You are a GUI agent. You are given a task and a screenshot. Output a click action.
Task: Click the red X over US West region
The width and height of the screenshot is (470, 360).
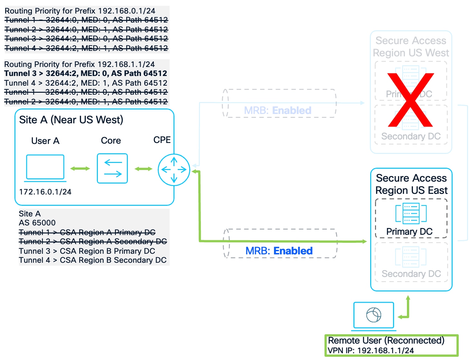coord(410,100)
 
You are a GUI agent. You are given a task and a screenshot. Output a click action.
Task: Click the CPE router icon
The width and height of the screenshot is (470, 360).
coord(174,170)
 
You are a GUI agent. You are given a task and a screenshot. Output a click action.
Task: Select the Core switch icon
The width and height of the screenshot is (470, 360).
coord(112,168)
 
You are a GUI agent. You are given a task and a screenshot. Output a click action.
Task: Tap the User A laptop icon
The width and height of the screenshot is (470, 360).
coord(45,168)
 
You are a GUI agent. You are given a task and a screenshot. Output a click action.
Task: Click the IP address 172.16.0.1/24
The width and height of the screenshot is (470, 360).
coord(45,192)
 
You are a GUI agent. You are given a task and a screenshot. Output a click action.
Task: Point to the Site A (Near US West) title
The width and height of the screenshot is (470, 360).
coord(71,120)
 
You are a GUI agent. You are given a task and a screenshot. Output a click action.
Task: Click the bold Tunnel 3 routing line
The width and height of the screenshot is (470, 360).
coord(86,73)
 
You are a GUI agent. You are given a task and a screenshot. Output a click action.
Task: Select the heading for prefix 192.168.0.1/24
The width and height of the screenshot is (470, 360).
coord(80,11)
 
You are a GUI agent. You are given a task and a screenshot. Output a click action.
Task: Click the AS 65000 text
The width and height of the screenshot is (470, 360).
coord(37,223)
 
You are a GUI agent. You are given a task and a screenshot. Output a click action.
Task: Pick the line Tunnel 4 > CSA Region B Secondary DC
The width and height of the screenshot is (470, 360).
coord(93,260)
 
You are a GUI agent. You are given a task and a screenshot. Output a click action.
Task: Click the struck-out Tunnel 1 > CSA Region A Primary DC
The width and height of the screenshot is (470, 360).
coord(87,232)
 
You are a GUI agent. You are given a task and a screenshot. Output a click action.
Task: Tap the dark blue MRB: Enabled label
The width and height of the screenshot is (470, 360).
coord(279,251)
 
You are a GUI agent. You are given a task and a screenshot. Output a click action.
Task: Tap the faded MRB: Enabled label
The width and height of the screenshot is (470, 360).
coord(277,110)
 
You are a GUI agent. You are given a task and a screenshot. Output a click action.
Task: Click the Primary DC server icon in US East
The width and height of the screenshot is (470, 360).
coord(411,213)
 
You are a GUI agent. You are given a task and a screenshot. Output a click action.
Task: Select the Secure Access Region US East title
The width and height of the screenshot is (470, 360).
coord(411,184)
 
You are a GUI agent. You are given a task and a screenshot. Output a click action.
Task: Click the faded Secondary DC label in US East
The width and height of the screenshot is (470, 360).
coord(411,274)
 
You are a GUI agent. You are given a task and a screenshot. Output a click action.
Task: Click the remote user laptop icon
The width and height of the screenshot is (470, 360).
coord(373,316)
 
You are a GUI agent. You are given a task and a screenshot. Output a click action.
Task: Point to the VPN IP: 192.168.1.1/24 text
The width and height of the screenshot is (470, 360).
coord(371,351)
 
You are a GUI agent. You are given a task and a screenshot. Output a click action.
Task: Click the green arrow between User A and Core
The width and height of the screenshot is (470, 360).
coord(80,169)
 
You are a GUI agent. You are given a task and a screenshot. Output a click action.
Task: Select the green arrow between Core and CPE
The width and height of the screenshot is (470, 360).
coord(143,169)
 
